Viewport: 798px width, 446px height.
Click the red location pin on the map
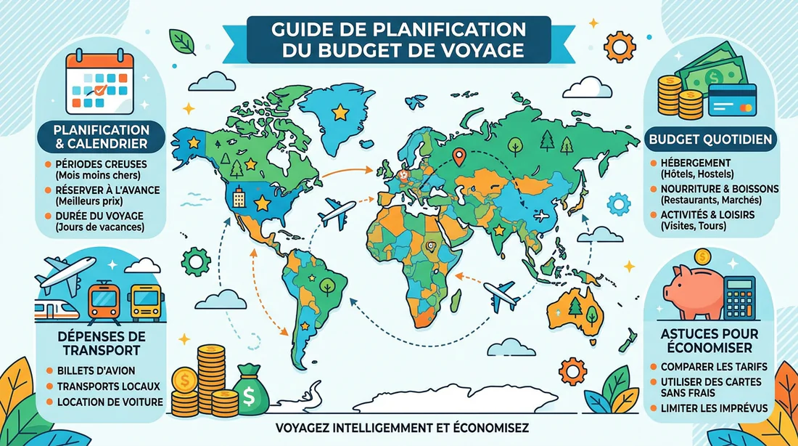click(x=458, y=155)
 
